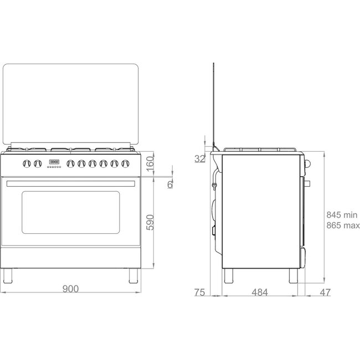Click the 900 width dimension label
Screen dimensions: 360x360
click(x=70, y=289)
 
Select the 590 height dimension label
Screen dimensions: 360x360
click(x=150, y=222)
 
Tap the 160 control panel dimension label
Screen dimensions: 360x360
click(x=150, y=164)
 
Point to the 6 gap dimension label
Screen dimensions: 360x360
click(x=170, y=184)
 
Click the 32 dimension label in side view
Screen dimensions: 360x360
click(x=199, y=158)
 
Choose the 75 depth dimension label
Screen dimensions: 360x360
click(x=199, y=292)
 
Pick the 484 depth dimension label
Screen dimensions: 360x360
click(x=260, y=292)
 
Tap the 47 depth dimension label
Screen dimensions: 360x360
click(x=325, y=292)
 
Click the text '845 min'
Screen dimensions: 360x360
click(x=342, y=215)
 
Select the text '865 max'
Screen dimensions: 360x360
click(x=343, y=225)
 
